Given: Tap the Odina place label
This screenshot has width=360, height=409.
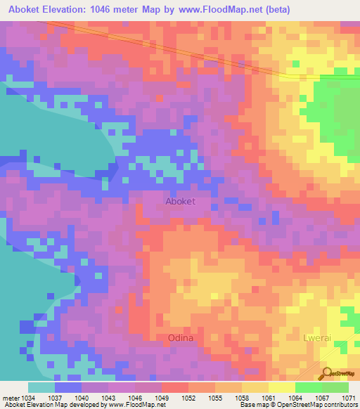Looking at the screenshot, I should (x=181, y=338).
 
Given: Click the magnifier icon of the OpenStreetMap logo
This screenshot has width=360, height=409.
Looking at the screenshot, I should (x=326, y=372).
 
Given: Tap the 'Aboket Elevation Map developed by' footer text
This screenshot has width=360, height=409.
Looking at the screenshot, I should (x=45, y=405).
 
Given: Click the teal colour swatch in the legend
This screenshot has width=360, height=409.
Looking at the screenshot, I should (x=41, y=388).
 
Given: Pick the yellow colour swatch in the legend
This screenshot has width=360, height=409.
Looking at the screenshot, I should (x=281, y=388).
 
